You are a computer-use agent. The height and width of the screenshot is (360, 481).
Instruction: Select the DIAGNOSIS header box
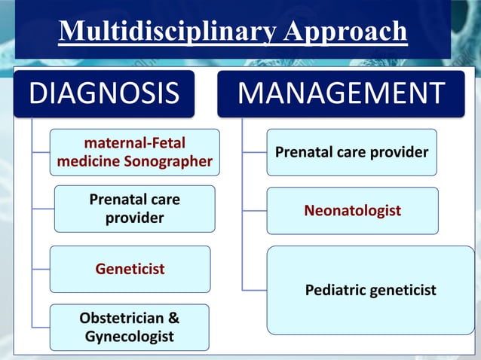click(104, 93)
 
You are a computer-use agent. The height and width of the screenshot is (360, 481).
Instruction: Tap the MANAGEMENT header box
click(341, 93)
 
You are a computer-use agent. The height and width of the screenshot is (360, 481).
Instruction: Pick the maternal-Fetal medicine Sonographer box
click(135, 152)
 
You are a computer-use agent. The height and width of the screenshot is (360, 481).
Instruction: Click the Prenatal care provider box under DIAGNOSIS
click(135, 209)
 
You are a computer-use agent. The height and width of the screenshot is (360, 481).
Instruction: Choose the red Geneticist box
click(130, 269)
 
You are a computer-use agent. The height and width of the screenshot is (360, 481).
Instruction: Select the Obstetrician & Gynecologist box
click(130, 327)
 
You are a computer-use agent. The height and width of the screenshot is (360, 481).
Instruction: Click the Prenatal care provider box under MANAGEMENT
click(351, 153)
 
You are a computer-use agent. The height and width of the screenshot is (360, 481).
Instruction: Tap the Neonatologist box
click(352, 211)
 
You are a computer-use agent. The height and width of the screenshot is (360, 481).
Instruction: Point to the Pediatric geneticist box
click(370, 290)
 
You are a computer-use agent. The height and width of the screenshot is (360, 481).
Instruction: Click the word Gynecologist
click(130, 336)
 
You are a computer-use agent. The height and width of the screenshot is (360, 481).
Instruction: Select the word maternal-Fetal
click(135, 142)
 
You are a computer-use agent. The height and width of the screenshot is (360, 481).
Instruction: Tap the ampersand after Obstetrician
click(173, 318)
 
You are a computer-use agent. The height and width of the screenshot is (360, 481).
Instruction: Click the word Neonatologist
click(352, 211)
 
